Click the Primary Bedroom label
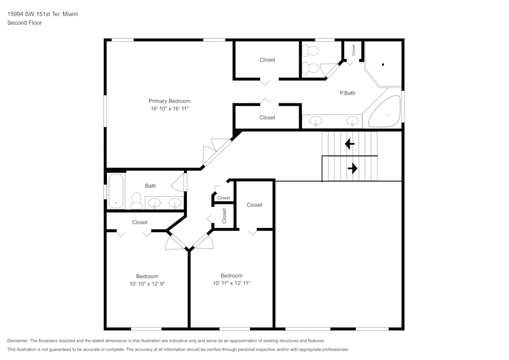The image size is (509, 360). (169, 101)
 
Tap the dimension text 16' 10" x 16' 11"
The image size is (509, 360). (169, 109)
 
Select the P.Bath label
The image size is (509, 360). (347, 93)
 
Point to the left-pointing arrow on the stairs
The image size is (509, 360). (350, 144)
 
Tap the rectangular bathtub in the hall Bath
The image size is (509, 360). (116, 191)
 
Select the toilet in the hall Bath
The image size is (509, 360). (136, 201)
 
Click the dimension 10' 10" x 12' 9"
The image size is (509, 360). (147, 284)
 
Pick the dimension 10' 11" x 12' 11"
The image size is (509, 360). (232, 283)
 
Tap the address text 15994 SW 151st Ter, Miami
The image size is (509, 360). (42, 14)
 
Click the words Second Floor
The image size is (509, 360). (24, 23)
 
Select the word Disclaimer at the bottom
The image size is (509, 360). (18, 341)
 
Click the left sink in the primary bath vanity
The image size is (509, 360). (316, 122)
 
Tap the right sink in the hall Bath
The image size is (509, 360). (175, 203)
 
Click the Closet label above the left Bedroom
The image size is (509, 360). (139, 222)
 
